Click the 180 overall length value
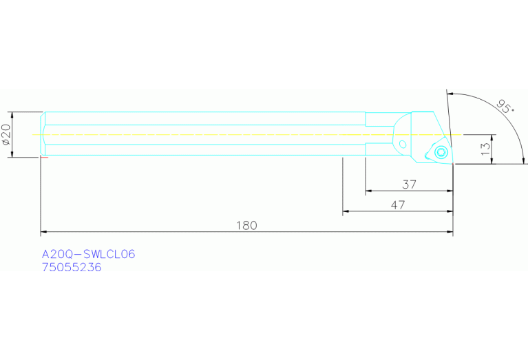coord(246,226)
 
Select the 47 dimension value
coord(397,204)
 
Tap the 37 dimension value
coord(410,184)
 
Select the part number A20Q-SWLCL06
coord(89,255)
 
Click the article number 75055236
coord(72,268)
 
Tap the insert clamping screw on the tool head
coord(441,152)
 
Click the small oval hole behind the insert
coord(403,145)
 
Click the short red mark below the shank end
coord(45,158)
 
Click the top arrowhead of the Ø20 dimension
coord(12,115)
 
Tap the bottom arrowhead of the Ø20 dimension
coord(12,154)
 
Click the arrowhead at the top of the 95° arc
coord(450,94)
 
